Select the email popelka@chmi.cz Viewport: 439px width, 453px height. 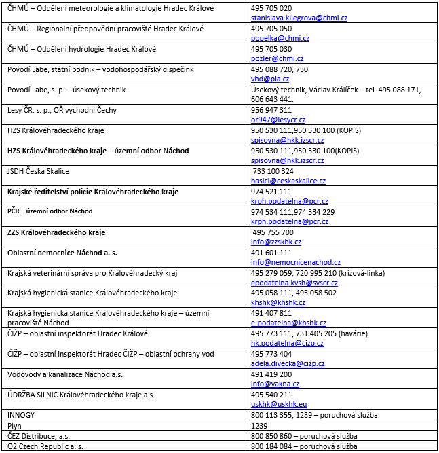tap(271, 39)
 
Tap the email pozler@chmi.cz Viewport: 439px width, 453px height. tap(269, 59)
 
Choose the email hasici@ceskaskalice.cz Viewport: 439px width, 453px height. tap(288, 181)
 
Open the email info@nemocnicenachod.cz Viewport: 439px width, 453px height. tap(296, 262)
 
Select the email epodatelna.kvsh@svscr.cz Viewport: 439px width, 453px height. tap(294, 283)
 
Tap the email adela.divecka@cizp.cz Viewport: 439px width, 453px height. tap(287, 364)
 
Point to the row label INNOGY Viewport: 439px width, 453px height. tap(20, 415)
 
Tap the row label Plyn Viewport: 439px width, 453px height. tap(15, 426)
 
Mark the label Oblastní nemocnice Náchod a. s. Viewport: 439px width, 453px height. tap(62, 253)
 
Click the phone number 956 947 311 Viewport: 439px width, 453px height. tap(271, 109)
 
